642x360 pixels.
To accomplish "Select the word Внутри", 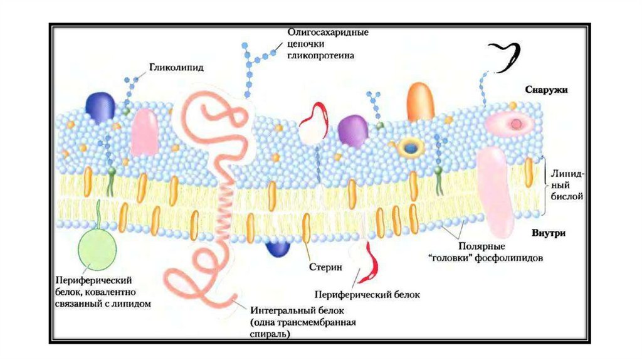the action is tap(549, 233).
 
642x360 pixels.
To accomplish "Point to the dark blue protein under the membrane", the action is tap(278, 247).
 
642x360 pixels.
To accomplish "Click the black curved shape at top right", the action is tap(505, 54).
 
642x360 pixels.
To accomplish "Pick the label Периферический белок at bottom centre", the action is tap(367, 294).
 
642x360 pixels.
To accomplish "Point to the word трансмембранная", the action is tap(320, 322).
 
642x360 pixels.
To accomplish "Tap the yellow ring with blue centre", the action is tap(411, 148).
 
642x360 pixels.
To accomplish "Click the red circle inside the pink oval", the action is tap(516, 124).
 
